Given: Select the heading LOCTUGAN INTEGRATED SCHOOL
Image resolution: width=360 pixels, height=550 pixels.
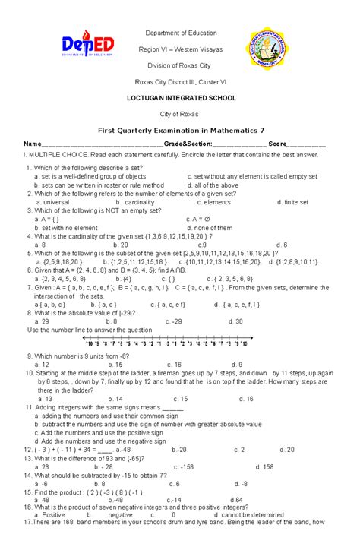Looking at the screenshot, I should pos(181,98).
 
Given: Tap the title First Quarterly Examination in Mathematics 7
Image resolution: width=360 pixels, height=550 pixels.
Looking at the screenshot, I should pos(180,131).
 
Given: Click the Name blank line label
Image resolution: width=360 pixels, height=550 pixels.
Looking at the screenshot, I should pos(31,144).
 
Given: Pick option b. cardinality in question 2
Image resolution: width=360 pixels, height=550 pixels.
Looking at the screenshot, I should pos(136,203).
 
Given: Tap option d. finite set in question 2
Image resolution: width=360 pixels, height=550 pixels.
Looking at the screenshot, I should pos(293,203).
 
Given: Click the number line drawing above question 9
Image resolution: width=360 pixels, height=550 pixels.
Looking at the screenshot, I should pos(179,343).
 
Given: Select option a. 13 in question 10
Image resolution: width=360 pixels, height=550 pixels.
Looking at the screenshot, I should pos(45,398).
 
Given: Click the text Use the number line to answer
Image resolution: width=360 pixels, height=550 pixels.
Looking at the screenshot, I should pos(79,330).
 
